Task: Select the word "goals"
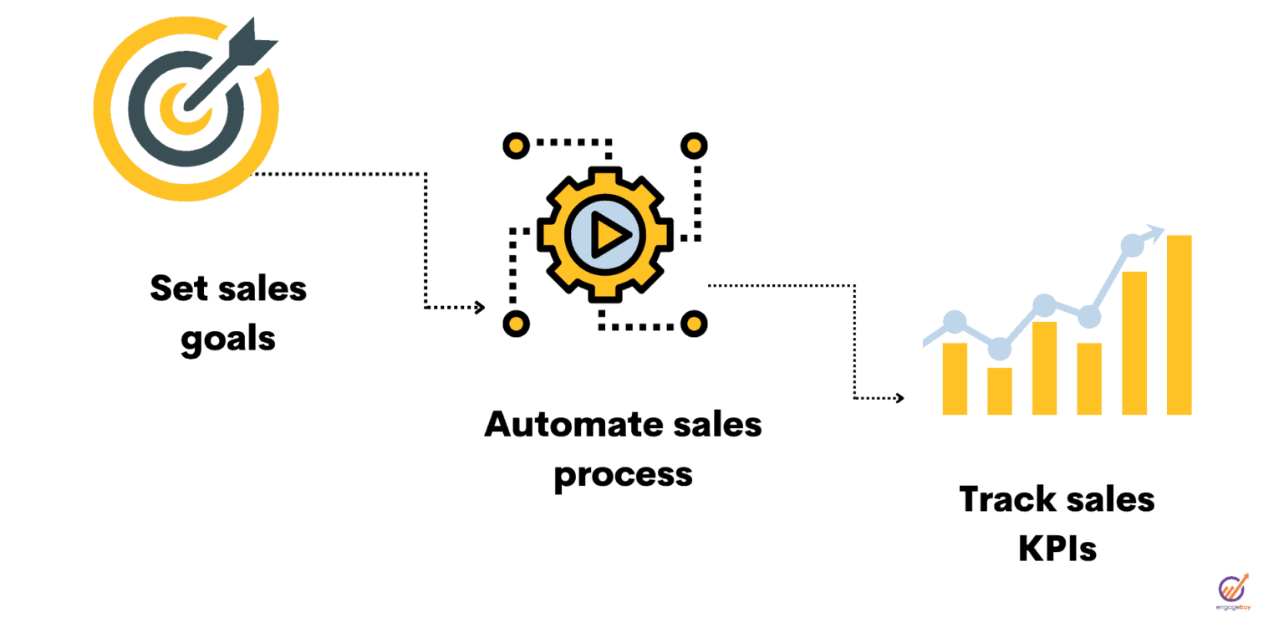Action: click(x=228, y=340)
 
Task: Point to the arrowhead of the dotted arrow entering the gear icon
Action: click(x=480, y=308)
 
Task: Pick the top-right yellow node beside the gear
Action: click(x=694, y=146)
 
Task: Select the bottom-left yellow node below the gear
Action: click(x=516, y=323)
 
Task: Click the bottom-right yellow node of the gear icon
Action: click(x=694, y=323)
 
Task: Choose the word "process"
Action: click(x=623, y=474)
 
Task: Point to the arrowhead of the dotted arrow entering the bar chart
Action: click(x=899, y=398)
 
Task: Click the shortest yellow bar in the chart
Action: click(x=1000, y=391)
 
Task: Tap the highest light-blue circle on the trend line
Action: click(x=1132, y=245)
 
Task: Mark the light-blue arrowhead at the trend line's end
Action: click(x=1155, y=232)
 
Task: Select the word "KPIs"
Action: click(x=1057, y=549)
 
